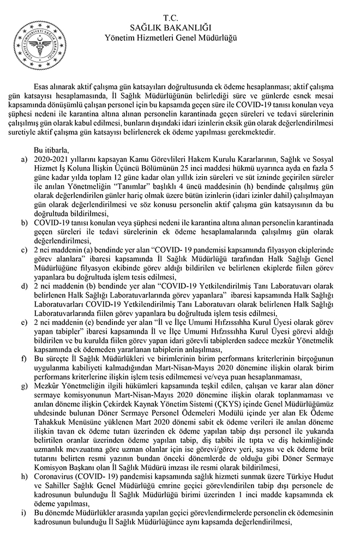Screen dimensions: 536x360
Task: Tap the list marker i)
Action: tap(22, 513)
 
